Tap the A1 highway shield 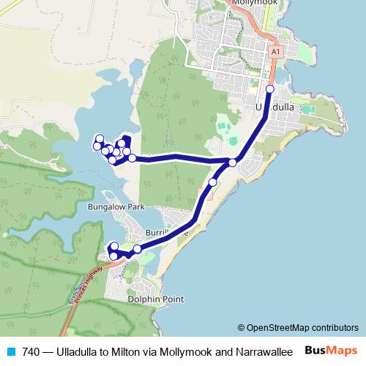(275, 53)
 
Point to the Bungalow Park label (117, 207)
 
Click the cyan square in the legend (9, 352)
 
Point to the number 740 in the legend (31, 352)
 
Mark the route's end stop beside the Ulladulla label (269, 89)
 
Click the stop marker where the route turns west (233, 163)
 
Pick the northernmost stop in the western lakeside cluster (100, 138)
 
